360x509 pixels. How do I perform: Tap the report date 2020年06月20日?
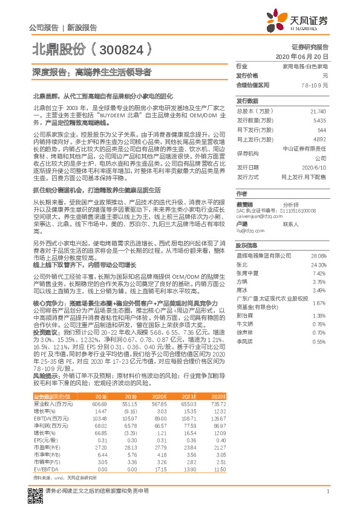[x=306, y=56]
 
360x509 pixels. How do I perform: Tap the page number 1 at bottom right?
[x=327, y=491]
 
